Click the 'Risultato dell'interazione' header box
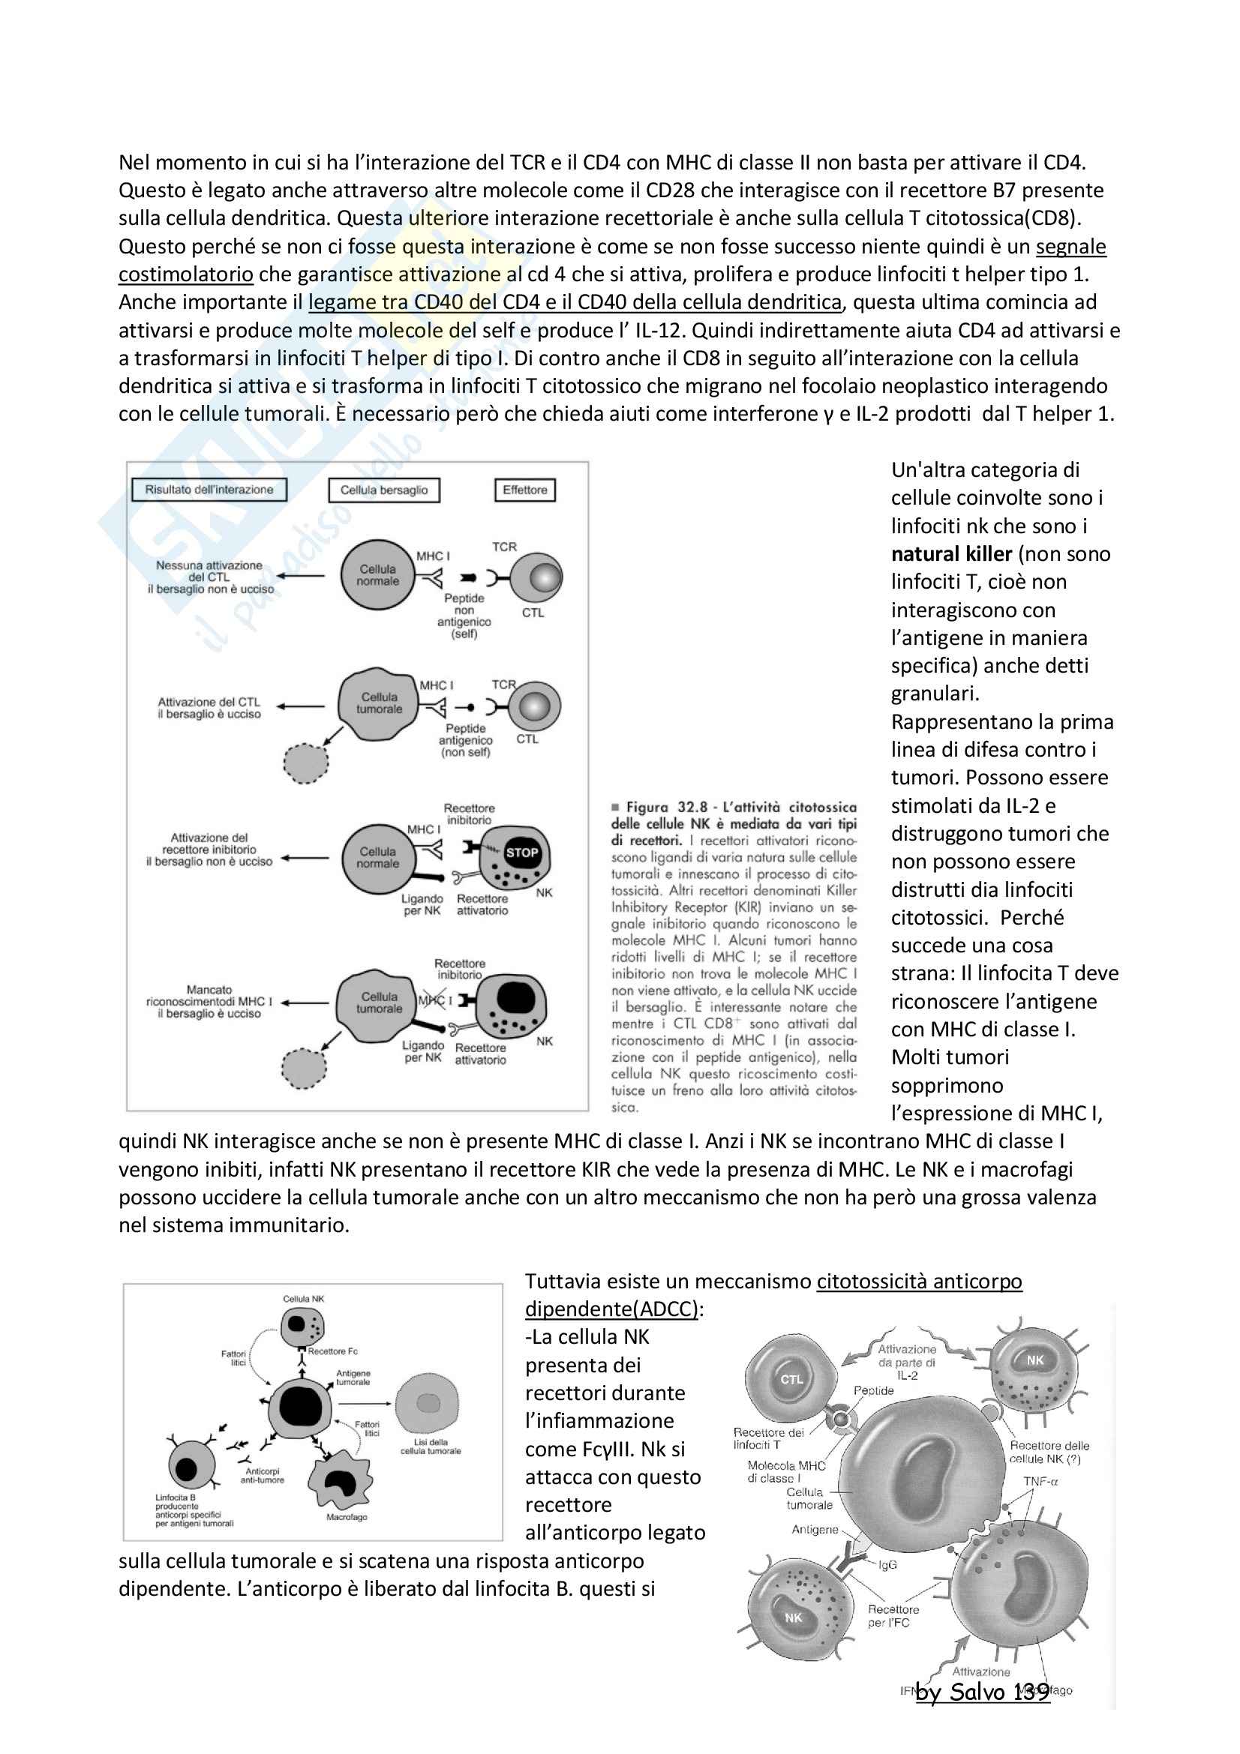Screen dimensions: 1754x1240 tap(209, 490)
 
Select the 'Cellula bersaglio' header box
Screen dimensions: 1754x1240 tap(383, 490)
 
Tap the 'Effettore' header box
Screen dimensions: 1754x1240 tap(525, 490)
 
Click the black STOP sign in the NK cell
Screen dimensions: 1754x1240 tap(522, 853)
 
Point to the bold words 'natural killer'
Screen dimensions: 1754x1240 tap(951, 554)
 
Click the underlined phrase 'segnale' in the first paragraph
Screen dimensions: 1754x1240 tap(1070, 247)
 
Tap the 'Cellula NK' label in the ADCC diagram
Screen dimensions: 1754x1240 tap(303, 1299)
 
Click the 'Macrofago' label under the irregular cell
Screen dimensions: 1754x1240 tap(346, 1516)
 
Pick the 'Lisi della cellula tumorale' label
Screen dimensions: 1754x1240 tap(431, 1446)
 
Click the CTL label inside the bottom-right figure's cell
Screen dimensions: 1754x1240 tap(791, 1379)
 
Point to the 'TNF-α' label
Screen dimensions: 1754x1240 tap(1040, 1481)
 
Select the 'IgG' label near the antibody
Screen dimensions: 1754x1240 tap(887, 1564)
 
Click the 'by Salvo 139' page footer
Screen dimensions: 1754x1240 tap(983, 1692)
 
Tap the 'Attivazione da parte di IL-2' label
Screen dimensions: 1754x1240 tap(907, 1362)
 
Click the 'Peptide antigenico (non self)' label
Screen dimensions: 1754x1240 tap(465, 740)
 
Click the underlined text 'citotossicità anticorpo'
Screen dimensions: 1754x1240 tap(919, 1281)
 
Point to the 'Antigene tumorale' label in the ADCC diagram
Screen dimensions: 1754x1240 tap(353, 1378)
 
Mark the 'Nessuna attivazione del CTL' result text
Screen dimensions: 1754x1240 tap(210, 577)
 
